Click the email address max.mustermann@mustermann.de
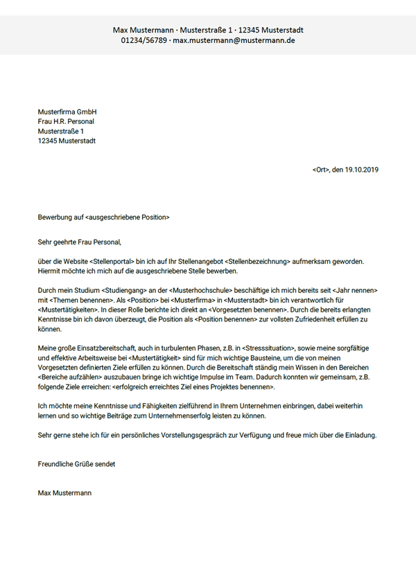click(x=234, y=41)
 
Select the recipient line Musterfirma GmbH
click(x=67, y=112)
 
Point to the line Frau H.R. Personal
click(x=66, y=121)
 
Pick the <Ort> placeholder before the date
click(x=320, y=170)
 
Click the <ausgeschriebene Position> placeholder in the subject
click(x=128, y=217)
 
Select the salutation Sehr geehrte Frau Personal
click(x=80, y=242)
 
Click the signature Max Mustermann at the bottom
click(x=64, y=493)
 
